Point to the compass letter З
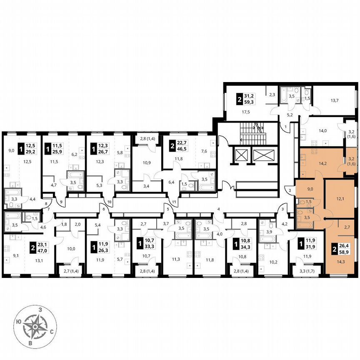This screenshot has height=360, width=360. [x=40, y=310]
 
